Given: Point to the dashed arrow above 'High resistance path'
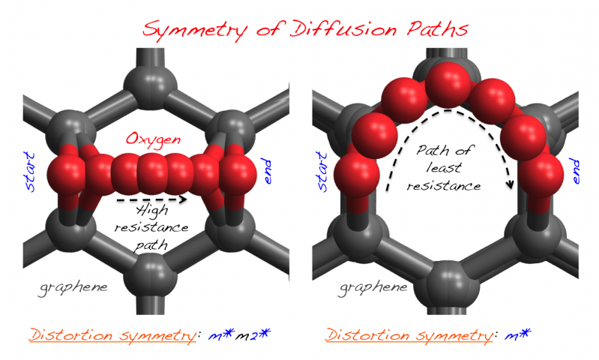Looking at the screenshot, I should (152, 200).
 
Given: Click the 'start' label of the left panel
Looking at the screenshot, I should (32, 170).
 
